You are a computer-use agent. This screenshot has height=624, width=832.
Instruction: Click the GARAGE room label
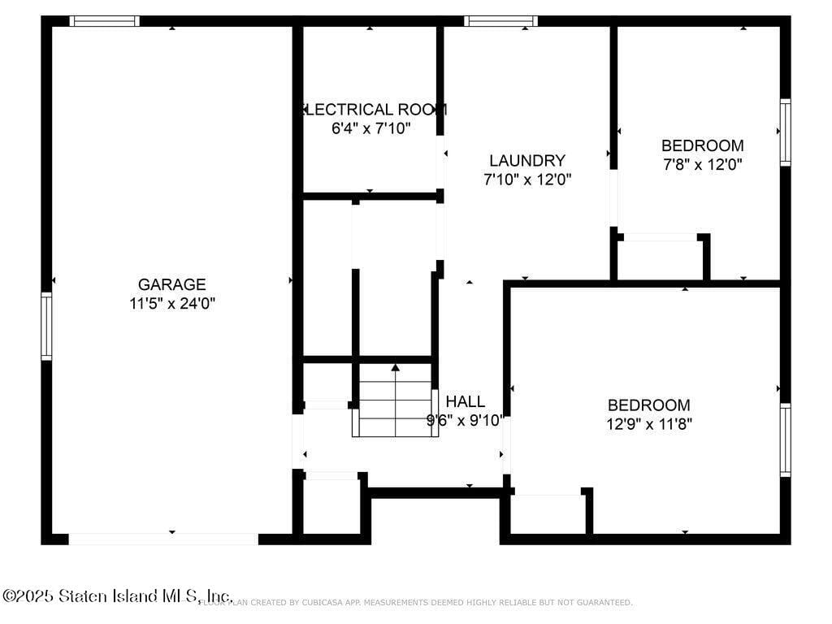click(171, 284)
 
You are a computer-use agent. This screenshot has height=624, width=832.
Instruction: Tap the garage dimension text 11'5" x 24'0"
click(171, 304)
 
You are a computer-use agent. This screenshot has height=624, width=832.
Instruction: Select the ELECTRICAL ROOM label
click(373, 110)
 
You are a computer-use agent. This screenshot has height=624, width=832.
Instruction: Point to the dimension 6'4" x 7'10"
click(371, 128)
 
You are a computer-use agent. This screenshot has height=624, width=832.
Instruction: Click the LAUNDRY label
click(526, 161)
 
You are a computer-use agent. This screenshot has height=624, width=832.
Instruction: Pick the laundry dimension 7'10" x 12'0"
click(527, 180)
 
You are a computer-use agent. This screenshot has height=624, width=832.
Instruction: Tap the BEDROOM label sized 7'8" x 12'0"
click(702, 146)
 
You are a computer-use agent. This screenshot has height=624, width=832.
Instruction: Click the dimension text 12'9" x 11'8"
click(649, 424)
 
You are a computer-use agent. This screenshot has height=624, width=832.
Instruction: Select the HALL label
click(466, 401)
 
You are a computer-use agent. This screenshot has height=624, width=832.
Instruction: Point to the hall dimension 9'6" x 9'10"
click(466, 421)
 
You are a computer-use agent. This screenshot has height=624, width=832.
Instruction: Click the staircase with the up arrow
click(395, 401)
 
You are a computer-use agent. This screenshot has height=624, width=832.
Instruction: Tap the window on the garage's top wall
click(104, 21)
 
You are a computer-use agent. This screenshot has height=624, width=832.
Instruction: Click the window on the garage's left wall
click(46, 327)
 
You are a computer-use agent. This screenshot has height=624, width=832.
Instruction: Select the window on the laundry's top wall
click(500, 21)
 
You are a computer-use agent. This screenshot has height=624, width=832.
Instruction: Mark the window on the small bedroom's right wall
click(785, 132)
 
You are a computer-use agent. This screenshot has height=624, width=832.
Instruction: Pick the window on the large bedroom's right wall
click(785, 440)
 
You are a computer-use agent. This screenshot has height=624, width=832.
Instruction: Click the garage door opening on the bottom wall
click(163, 539)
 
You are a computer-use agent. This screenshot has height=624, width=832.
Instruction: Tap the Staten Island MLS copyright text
click(117, 596)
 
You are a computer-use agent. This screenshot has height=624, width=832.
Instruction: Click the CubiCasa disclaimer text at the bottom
click(431, 603)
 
